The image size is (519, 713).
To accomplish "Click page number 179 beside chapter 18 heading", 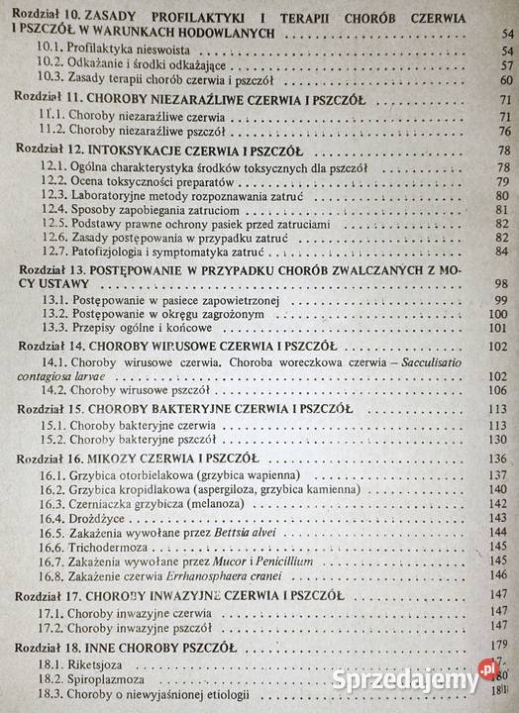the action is click(496, 645).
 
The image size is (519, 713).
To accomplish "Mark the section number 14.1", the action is click(44, 362).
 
